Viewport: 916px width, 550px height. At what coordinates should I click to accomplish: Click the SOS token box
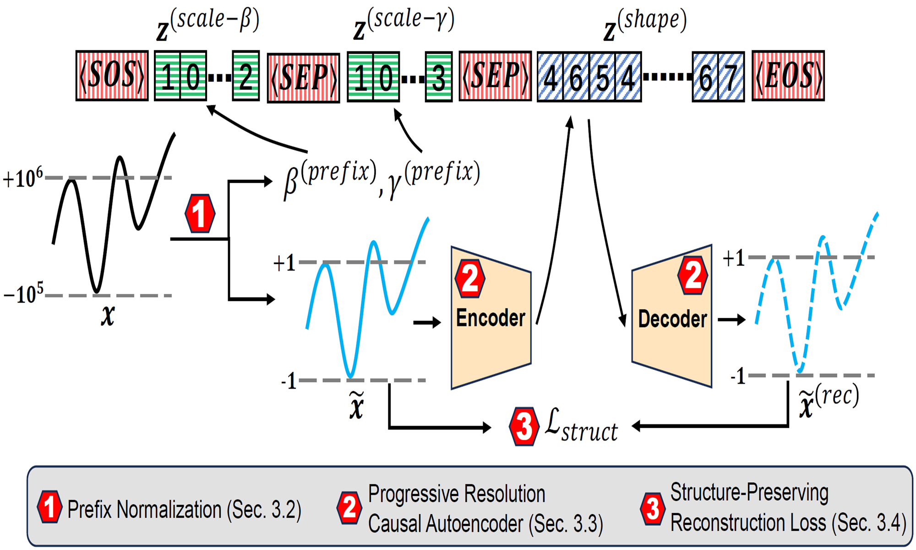click(112, 76)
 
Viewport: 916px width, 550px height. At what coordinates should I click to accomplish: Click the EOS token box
click(788, 76)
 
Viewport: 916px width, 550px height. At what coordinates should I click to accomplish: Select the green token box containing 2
click(246, 76)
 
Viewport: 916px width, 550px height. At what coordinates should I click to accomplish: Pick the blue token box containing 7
click(731, 77)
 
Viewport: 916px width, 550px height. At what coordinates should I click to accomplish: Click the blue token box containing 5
click(602, 77)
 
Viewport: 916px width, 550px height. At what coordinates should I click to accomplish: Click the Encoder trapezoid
click(491, 318)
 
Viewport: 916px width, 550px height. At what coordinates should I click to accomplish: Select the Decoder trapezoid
click(672, 317)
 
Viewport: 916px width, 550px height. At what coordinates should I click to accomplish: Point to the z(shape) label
click(645, 25)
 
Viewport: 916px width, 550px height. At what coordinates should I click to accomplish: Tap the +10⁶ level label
click(23, 178)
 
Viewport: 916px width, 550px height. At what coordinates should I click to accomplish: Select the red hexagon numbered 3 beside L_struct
click(524, 426)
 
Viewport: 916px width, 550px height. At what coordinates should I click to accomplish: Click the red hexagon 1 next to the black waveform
click(200, 214)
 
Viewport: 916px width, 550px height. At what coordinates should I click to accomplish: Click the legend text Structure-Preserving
click(749, 493)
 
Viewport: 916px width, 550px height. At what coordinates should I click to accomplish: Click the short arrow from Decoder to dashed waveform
click(732, 319)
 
